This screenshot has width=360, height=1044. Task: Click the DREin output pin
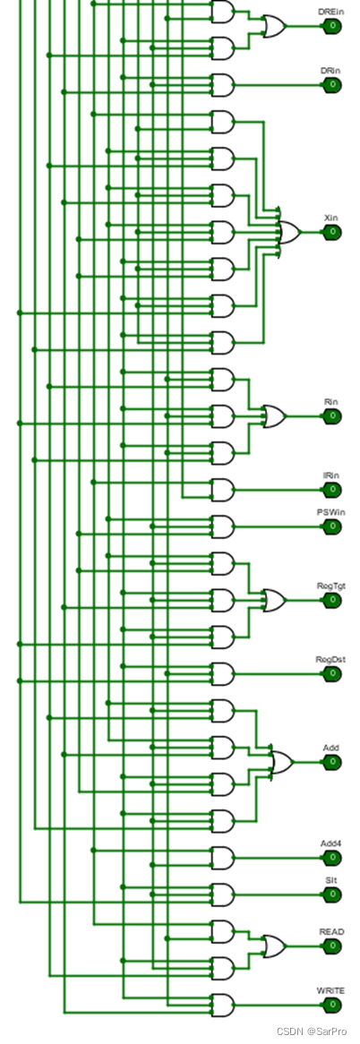pos(332,27)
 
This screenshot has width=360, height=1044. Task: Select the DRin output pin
pos(332,85)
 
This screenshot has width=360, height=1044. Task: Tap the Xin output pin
pos(332,233)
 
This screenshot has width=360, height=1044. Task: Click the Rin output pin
pos(332,416)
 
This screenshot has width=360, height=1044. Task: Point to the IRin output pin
pos(332,490)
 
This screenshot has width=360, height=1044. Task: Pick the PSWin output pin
pos(332,526)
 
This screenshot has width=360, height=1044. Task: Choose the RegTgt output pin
pos(332,601)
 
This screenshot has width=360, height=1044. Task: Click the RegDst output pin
pos(332,674)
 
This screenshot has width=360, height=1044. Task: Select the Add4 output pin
pos(332,859)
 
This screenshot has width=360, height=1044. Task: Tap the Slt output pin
pos(332,894)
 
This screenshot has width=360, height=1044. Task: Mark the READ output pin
pos(332,946)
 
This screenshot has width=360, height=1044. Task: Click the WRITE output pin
pos(332,1005)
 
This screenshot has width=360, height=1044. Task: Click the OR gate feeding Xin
pos(289,233)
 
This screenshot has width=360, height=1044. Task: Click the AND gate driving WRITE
pos(223,1005)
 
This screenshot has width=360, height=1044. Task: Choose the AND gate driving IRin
pos(223,490)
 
